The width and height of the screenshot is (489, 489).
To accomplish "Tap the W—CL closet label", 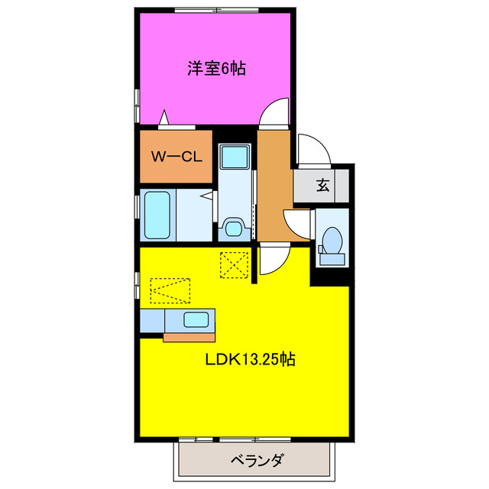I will (176, 157).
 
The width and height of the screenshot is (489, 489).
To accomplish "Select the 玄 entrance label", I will (322, 184).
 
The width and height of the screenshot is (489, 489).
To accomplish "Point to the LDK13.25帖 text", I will (250, 358).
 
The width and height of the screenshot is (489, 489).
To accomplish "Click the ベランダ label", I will (257, 461).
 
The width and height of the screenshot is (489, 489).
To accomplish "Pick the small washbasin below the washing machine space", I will (234, 228).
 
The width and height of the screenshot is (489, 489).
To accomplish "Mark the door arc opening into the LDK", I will (271, 260).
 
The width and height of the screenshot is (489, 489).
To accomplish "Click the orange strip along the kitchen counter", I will (189, 336).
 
